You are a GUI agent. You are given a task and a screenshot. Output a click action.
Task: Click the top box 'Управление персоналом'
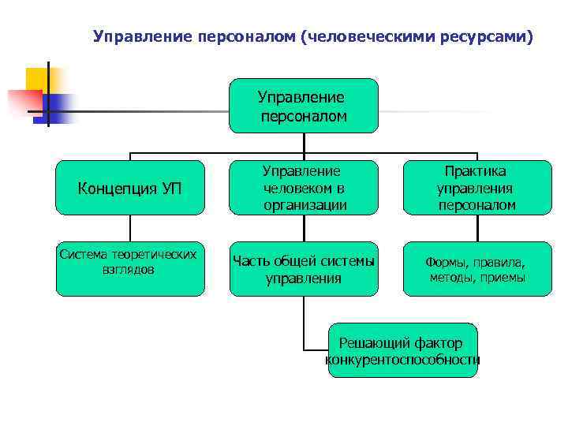[304, 106]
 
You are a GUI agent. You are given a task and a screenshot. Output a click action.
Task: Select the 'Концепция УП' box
[130, 188]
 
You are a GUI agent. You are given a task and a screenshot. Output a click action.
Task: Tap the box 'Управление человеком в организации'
[304, 188]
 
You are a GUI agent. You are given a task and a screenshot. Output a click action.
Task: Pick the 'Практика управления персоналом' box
[477, 188]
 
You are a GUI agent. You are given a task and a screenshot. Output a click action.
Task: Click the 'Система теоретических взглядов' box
[130, 268]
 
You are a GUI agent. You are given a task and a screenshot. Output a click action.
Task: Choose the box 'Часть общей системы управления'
[304, 268]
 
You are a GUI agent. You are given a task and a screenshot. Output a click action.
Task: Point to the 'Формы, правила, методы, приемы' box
[477, 268]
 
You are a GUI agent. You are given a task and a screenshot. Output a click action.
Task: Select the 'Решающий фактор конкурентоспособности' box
[402, 350]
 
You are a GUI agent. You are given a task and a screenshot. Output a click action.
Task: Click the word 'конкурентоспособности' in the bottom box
[402, 360]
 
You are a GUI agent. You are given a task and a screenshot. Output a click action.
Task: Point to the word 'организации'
[304, 205]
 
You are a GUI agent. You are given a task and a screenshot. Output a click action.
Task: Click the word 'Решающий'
[368, 342]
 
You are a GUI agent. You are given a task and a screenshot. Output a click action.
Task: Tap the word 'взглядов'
[129, 269]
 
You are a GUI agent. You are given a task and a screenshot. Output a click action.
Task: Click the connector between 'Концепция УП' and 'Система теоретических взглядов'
[130, 228]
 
